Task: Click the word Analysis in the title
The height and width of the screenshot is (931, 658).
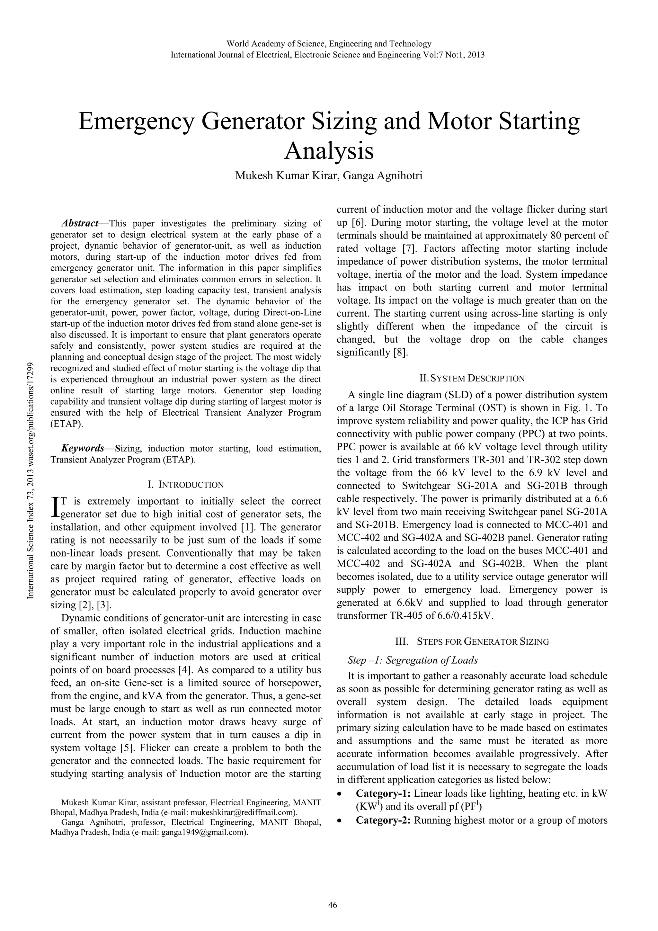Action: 328,152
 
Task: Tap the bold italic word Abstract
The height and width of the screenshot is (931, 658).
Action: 80,223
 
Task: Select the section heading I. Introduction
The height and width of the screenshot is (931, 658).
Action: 185,485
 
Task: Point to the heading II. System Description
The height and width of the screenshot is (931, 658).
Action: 472,378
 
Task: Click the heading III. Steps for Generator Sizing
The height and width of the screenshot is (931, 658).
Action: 472,642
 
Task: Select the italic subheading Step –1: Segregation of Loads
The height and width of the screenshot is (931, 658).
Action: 413,660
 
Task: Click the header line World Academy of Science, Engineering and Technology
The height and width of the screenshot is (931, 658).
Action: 328,44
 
